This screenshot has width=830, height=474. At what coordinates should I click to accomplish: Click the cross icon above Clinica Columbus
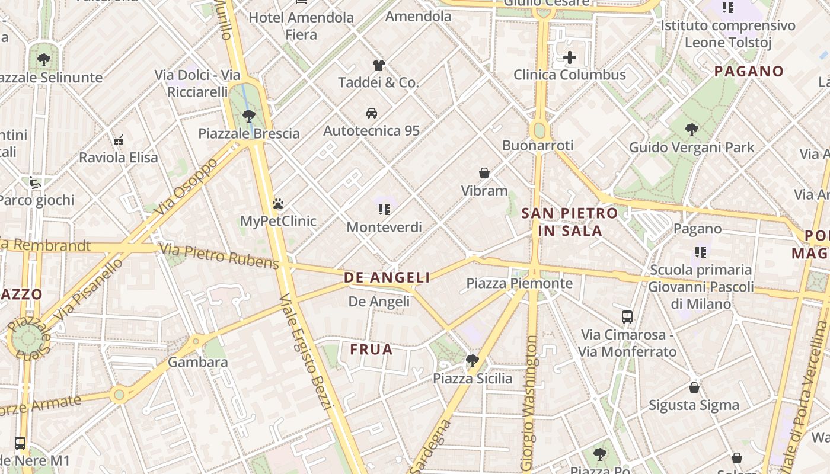(570, 57)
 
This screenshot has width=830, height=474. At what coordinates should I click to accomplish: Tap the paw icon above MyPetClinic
(278, 204)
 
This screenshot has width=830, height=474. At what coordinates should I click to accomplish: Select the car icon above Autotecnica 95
(372, 113)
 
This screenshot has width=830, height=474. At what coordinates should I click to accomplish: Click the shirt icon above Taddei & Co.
(378, 65)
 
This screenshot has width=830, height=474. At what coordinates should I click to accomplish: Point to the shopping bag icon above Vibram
(484, 173)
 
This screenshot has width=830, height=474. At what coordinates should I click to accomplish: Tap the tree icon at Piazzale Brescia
(249, 116)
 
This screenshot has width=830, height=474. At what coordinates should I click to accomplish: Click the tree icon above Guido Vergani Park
(691, 130)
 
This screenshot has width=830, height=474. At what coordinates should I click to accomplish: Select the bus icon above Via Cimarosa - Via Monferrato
(627, 317)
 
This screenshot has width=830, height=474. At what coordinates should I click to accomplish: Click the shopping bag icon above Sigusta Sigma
(694, 387)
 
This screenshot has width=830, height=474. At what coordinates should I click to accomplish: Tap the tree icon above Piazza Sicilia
(473, 361)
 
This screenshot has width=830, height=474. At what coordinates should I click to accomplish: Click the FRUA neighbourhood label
(371, 350)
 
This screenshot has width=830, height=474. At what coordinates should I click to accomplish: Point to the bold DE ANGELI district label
(387, 277)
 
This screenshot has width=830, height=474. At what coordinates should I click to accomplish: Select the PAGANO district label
(749, 72)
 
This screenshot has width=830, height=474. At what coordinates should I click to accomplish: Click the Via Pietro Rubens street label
(219, 255)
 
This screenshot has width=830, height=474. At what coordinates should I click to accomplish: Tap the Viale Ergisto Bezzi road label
(307, 350)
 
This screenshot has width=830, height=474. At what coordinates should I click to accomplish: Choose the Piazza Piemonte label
(519, 283)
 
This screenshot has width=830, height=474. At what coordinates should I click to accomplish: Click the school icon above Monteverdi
(384, 210)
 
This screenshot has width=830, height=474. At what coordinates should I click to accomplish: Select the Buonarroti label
(538, 145)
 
